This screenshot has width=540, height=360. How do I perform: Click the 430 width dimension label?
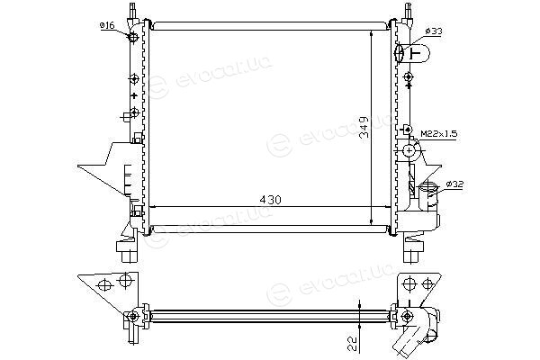pyautogui.click(x=270, y=200)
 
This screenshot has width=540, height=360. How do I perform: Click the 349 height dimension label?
pyautogui.click(x=364, y=127)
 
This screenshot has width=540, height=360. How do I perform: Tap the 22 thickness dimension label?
pyautogui.click(x=352, y=343)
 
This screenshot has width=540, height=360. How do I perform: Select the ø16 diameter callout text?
pyautogui.click(x=107, y=25)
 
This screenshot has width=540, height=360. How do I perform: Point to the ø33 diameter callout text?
pyautogui.click(x=433, y=31)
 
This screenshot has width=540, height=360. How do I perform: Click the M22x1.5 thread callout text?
pyautogui.click(x=439, y=134)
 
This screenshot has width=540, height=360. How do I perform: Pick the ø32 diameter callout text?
pyautogui.click(x=454, y=184)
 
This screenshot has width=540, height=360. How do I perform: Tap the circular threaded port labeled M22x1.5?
pyautogui.click(x=409, y=150)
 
